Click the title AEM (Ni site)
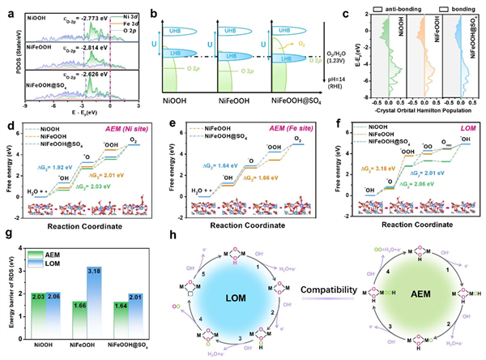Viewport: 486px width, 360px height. click(x=129, y=130)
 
